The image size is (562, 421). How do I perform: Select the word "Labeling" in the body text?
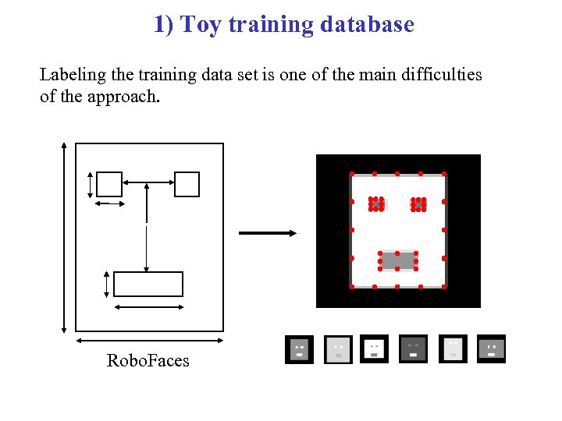pos(71,75)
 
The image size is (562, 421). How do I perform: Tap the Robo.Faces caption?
pos(148,359)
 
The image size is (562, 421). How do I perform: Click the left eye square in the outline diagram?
pos(109,184)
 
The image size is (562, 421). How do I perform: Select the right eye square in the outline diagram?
pos(187,184)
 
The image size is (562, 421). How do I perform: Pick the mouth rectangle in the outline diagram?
pos(148,284)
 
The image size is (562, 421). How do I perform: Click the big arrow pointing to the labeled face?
pos(267,232)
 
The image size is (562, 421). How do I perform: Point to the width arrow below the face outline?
pos(149,340)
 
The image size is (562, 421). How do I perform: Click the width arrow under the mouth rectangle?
pos(148,307)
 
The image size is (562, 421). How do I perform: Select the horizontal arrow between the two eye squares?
pos(148,184)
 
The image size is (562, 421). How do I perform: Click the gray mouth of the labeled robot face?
pos(398,260)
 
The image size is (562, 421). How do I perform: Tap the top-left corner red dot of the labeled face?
pos(352,173)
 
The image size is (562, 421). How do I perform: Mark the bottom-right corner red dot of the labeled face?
pos(444,287)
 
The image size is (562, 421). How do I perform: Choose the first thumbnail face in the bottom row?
pos(299,349)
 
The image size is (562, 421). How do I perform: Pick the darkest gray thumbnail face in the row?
pos(413,348)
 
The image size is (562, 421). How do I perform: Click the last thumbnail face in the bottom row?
pos(492,348)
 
